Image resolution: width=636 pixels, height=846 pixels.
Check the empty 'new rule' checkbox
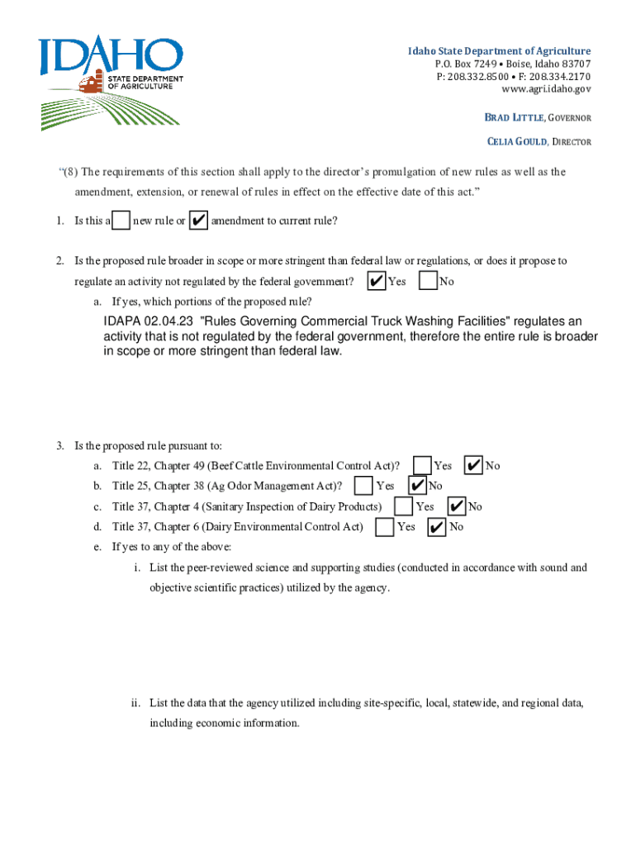(x=121, y=221)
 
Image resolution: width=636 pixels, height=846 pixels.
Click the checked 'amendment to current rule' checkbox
(x=198, y=221)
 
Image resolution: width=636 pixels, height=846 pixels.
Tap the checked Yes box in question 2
(x=376, y=282)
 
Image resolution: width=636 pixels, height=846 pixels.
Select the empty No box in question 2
(x=428, y=282)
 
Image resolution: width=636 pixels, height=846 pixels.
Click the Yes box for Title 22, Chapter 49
(x=422, y=466)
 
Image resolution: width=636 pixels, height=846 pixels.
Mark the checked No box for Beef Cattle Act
(x=474, y=466)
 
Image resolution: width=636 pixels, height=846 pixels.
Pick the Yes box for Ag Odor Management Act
(x=363, y=486)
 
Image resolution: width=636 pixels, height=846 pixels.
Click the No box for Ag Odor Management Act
(x=418, y=486)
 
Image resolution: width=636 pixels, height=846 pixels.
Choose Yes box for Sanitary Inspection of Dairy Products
(x=404, y=506)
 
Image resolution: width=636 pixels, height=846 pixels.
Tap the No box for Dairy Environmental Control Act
(x=438, y=527)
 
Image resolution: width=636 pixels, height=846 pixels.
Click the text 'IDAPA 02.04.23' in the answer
(x=149, y=321)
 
